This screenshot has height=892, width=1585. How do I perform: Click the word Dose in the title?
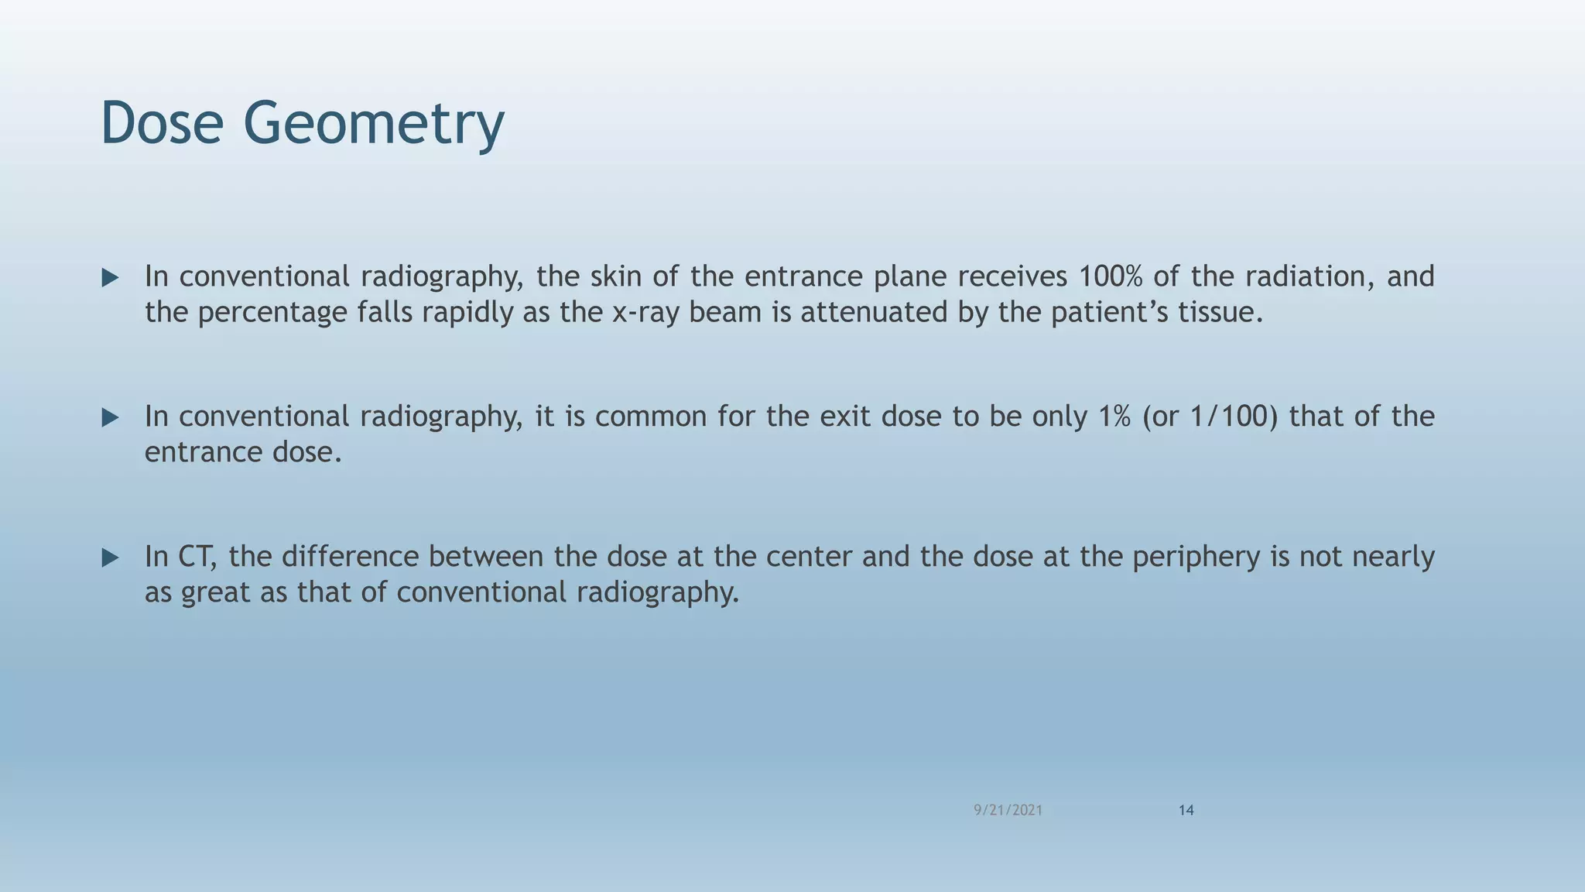[x=162, y=123]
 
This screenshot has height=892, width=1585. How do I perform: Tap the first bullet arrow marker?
[x=110, y=278]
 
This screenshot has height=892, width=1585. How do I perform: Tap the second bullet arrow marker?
[x=110, y=418]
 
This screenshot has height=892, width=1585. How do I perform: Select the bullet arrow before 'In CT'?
[x=110, y=557]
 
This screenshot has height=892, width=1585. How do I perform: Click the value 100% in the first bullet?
[x=1110, y=276]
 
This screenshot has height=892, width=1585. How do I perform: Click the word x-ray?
[x=645, y=313]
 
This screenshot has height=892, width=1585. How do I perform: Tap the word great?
[x=215, y=593]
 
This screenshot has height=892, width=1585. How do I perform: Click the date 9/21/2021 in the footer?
[x=1008, y=810]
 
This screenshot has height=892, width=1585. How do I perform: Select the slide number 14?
[x=1186, y=810]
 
